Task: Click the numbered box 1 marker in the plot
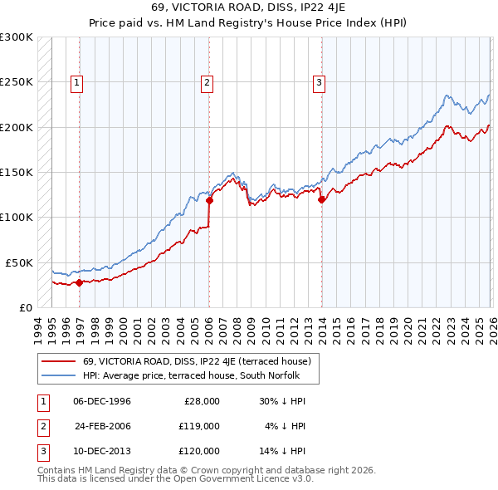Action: (x=77, y=81)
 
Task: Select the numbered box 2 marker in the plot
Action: (x=206, y=81)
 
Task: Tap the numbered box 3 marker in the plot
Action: (x=319, y=81)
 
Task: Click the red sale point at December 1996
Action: (x=79, y=282)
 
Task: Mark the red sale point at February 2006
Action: (x=209, y=200)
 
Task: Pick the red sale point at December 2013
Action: (x=321, y=199)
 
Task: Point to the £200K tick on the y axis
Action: (x=16, y=127)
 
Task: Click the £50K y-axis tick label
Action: (x=19, y=262)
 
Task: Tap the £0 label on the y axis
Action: (x=25, y=307)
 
